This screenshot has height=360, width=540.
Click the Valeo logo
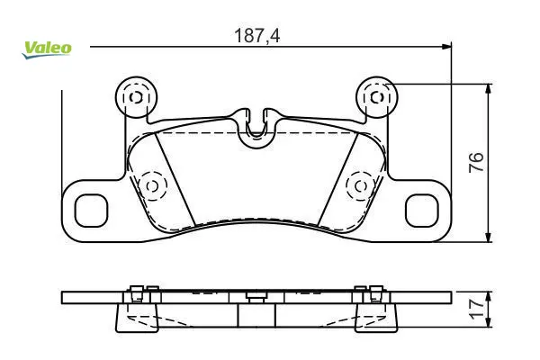tap(47, 49)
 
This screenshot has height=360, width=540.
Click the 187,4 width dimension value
tap(256, 36)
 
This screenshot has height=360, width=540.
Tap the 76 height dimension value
tap(476, 162)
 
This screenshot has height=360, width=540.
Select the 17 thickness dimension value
tap(477, 309)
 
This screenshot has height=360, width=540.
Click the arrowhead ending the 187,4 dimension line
tap(446, 47)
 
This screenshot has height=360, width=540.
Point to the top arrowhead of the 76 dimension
tap(488, 88)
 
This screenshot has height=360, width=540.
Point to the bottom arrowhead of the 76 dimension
tap(488, 237)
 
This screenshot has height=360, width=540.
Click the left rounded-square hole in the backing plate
tap(91, 211)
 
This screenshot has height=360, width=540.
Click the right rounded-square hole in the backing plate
tap(422, 211)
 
